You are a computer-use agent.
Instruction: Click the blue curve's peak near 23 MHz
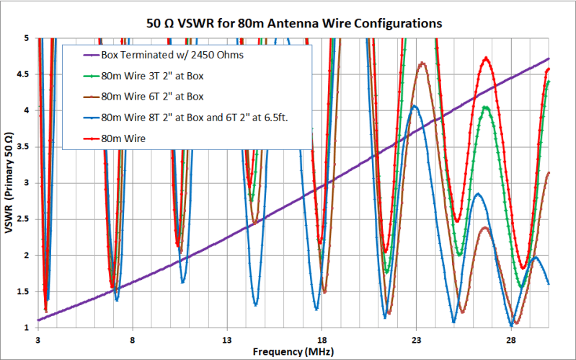pos(415,106)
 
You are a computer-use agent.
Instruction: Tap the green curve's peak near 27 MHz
pos(487,107)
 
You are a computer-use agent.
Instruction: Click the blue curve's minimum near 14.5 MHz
pos(255,304)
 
